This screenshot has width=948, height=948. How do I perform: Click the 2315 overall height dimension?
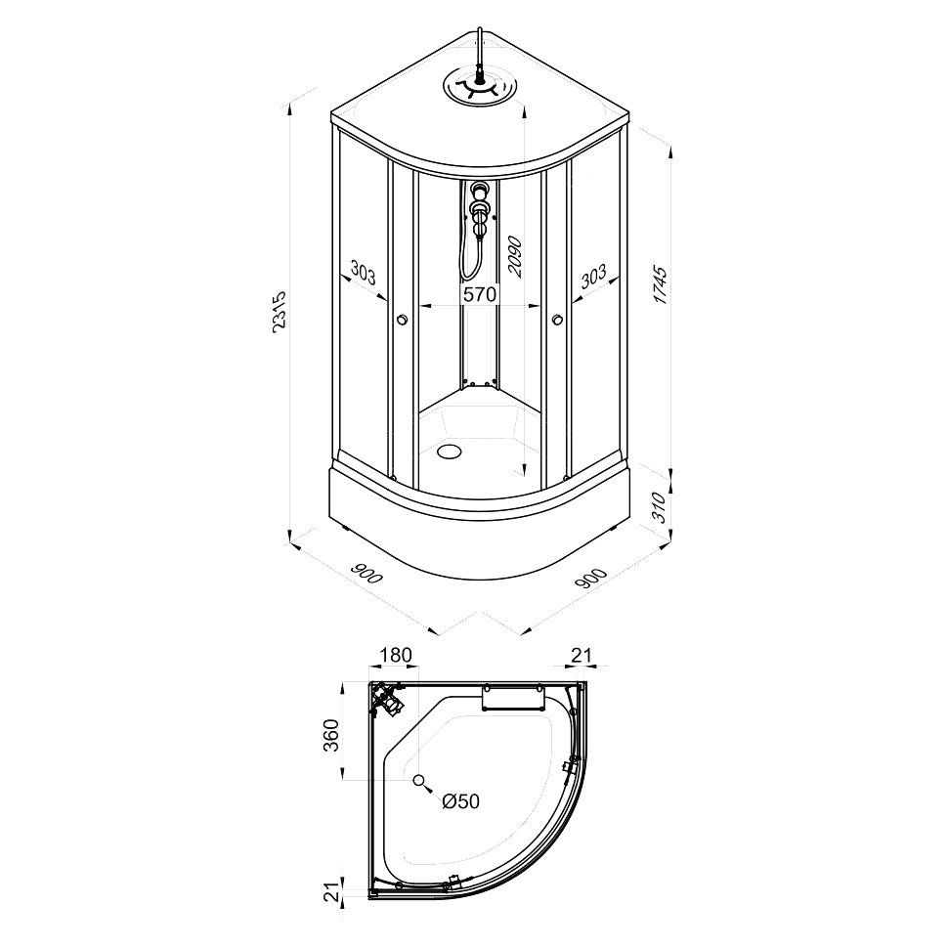coord(280,312)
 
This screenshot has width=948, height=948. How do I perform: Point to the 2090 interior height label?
coord(514,256)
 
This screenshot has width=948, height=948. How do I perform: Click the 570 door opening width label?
coord(480,294)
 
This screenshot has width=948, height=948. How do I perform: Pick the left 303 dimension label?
coord(363,275)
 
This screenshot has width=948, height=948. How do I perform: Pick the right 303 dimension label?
coord(593,276)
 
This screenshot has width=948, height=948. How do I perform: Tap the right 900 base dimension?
coord(590,579)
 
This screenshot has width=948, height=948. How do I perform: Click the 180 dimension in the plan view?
coord(396,655)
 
